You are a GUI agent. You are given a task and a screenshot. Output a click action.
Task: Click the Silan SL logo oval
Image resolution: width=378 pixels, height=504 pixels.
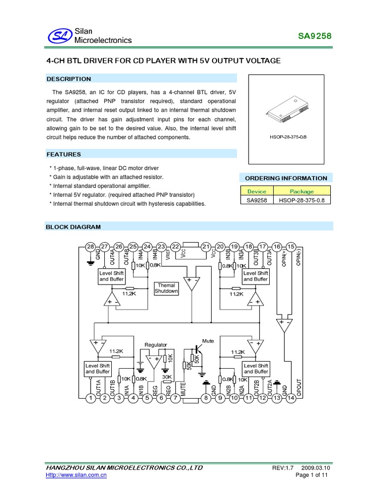pos(59,35)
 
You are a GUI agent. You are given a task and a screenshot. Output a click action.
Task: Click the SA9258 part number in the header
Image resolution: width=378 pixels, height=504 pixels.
pos(315,36)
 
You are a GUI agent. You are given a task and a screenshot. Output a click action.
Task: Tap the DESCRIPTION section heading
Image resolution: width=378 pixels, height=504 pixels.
pos(68,79)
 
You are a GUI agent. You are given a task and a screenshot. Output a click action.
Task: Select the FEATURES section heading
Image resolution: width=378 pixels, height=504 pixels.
pos(63,154)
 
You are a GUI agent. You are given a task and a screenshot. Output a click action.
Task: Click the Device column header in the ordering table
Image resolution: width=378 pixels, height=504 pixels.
pos(256,191)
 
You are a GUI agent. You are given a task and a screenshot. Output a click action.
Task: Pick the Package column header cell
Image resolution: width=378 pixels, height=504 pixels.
pos(301,191)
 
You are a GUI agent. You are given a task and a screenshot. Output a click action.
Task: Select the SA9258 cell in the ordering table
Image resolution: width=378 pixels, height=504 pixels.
pos(256,200)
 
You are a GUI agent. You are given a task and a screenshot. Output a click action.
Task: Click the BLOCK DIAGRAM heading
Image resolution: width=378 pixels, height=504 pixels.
pos(73,227)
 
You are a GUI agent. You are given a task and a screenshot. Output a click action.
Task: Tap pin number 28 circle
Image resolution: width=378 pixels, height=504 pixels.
pos(90,247)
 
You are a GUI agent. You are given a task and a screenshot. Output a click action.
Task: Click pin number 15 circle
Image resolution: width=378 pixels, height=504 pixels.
pos(291,247)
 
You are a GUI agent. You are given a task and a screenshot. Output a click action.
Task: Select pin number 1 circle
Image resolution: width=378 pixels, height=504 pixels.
pos(90,398)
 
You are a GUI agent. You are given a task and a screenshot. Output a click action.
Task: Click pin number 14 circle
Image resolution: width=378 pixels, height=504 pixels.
pos(291,398)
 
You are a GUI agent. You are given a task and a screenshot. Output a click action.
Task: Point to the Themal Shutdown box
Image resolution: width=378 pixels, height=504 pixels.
pos(166,288)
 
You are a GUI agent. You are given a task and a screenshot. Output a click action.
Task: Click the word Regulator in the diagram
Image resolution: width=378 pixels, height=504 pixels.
pos(156,345)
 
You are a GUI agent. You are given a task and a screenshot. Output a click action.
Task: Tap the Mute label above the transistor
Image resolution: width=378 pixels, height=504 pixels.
pos(208,341)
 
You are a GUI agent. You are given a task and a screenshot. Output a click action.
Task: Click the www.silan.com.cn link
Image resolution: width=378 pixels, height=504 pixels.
pos(76,475)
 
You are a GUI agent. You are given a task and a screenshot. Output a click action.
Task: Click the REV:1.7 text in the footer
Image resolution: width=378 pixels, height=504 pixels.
pos(283,467)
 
